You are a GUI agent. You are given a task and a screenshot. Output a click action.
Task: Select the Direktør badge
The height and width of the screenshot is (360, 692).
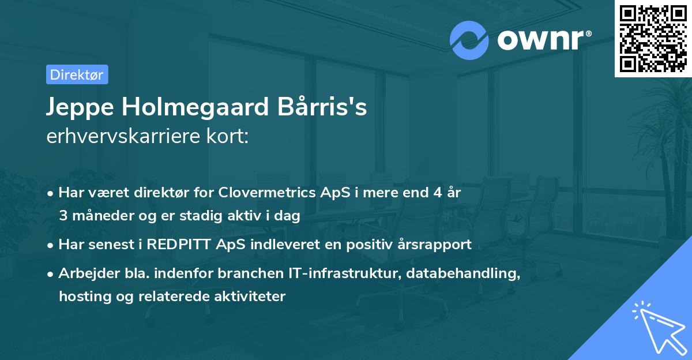point(77,74)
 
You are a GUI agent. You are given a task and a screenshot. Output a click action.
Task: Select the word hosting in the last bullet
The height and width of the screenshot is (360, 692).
point(82,297)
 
